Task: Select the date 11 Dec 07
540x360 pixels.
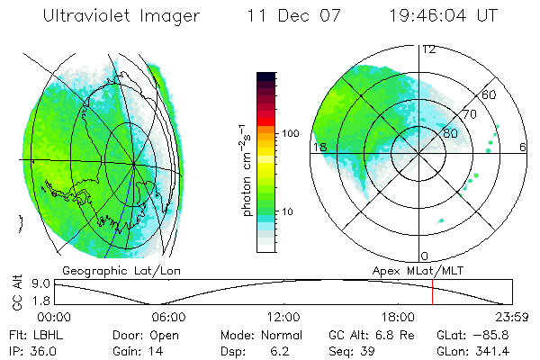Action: click(282, 16)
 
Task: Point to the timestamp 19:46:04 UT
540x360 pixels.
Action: click(447, 16)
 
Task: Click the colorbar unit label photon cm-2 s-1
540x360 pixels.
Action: click(245, 170)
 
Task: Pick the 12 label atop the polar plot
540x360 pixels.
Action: click(429, 49)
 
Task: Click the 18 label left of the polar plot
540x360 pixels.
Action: click(319, 147)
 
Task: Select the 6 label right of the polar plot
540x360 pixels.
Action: click(523, 147)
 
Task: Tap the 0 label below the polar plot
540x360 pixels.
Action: click(425, 256)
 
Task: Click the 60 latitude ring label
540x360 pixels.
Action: click(490, 94)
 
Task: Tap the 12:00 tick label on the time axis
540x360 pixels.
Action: click(283, 317)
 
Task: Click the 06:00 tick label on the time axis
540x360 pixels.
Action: click(168, 317)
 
